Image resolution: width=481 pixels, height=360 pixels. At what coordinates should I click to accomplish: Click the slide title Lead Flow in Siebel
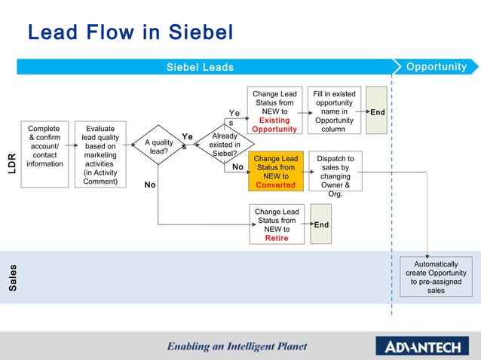[130, 33]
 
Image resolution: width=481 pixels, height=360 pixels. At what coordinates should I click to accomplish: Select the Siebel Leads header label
[200, 67]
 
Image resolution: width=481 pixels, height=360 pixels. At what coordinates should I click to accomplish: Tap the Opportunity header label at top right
[436, 67]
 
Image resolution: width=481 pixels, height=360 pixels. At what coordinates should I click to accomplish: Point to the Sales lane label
[12, 278]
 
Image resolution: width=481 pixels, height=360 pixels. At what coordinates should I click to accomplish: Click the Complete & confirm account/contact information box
[44, 154]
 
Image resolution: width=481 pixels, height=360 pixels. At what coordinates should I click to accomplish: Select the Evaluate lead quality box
[100, 154]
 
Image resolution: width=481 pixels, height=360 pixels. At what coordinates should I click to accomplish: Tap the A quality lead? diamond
[158, 147]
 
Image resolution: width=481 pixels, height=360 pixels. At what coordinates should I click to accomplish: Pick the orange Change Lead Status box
[275, 172]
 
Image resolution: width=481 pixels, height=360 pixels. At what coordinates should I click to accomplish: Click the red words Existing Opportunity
[274, 124]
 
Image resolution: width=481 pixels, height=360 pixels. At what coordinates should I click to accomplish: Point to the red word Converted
[275, 185]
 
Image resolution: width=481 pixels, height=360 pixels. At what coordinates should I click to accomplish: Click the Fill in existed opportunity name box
[334, 111]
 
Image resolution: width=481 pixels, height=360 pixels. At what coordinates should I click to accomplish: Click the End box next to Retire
[320, 224]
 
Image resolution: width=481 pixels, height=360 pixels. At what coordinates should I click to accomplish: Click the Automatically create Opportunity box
[436, 277]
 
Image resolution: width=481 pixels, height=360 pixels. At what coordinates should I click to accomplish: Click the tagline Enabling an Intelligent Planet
[237, 346]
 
